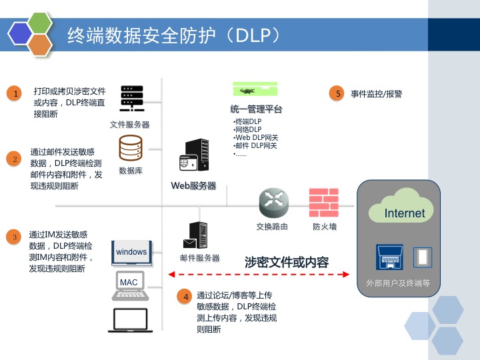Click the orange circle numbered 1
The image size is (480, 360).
point(15,93)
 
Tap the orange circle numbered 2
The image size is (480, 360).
point(15,159)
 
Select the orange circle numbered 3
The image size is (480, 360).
point(14,237)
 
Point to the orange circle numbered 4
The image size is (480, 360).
point(186,297)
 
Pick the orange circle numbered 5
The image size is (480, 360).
point(339,93)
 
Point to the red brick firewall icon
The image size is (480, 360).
point(324,203)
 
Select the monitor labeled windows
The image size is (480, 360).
point(131,252)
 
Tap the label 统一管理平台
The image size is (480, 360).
point(256,109)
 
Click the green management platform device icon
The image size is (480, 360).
point(255,90)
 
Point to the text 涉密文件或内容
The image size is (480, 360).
point(287,262)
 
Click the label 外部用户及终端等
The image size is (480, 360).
point(398,283)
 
